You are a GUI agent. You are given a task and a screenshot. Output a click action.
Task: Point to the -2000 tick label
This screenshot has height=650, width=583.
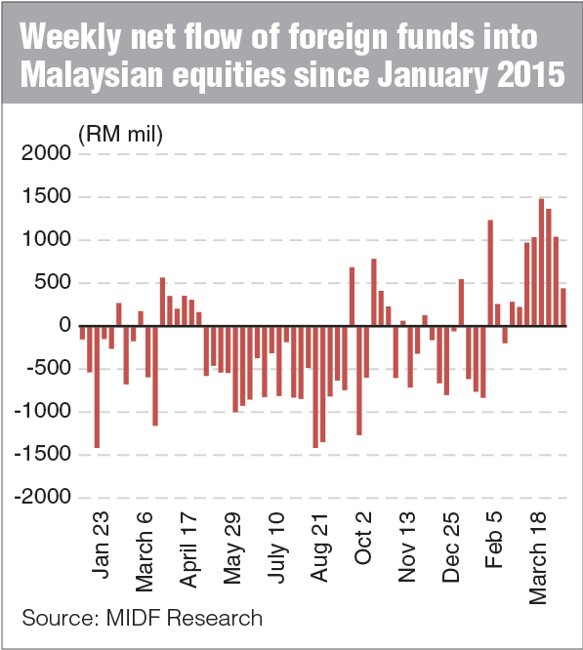40,498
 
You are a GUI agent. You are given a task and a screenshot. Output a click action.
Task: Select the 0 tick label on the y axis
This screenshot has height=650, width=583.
63,326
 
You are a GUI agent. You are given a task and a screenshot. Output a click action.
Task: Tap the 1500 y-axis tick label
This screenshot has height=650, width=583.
44,197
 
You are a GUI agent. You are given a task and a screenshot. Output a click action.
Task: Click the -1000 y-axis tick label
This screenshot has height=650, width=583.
40,412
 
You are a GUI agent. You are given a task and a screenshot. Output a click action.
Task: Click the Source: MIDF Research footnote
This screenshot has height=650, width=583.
142,618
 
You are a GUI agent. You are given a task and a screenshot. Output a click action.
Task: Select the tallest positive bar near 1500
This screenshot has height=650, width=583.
541,263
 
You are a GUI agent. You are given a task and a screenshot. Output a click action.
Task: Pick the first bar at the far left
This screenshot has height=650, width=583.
82,333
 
